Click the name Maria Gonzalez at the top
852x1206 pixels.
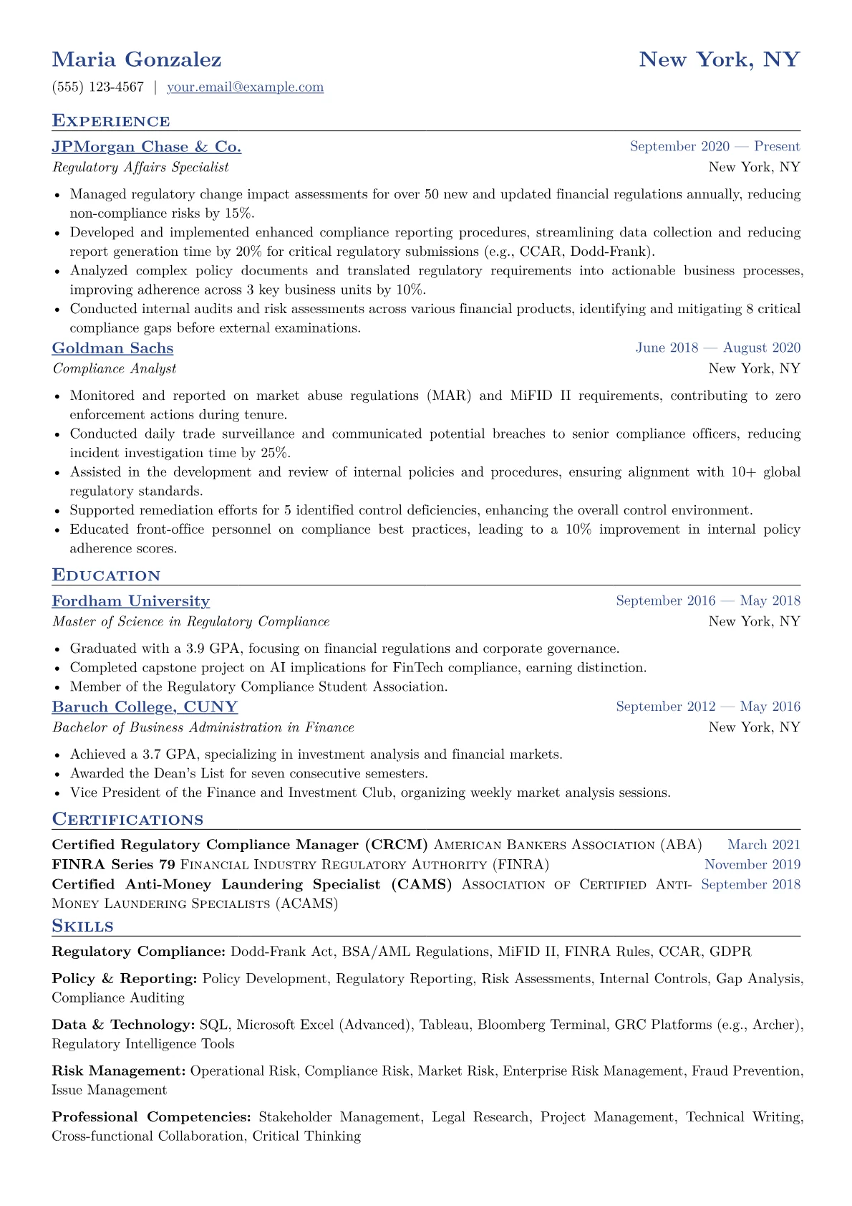click(137, 59)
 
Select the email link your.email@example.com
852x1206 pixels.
click(245, 87)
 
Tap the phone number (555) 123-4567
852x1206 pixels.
click(98, 87)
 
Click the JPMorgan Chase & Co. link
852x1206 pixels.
click(146, 147)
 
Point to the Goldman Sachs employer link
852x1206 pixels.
click(112, 348)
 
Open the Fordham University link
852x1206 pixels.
click(130, 601)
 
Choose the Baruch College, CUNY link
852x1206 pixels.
click(145, 707)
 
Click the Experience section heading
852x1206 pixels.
click(111, 120)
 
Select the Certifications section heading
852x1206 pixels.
click(127, 819)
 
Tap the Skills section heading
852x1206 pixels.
click(82, 926)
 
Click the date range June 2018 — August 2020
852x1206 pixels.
click(717, 348)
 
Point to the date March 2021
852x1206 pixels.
click(763, 846)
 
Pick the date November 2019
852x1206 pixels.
click(752, 865)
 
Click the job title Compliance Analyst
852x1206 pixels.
click(114, 368)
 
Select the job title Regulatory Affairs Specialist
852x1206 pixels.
click(140, 167)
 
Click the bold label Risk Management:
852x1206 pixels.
click(119, 1071)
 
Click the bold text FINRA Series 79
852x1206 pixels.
click(113, 865)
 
